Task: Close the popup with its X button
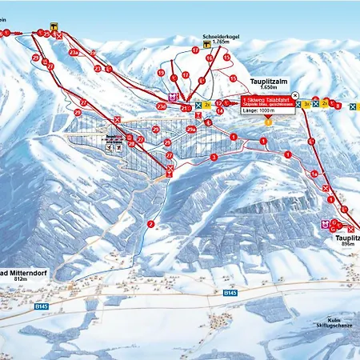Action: point(295,94)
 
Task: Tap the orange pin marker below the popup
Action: point(268,122)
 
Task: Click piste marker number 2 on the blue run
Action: point(150,224)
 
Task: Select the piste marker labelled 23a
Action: point(74,52)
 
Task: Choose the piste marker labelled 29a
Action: point(190,128)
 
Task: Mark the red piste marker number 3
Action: point(213,157)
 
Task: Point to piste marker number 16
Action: point(210,58)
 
